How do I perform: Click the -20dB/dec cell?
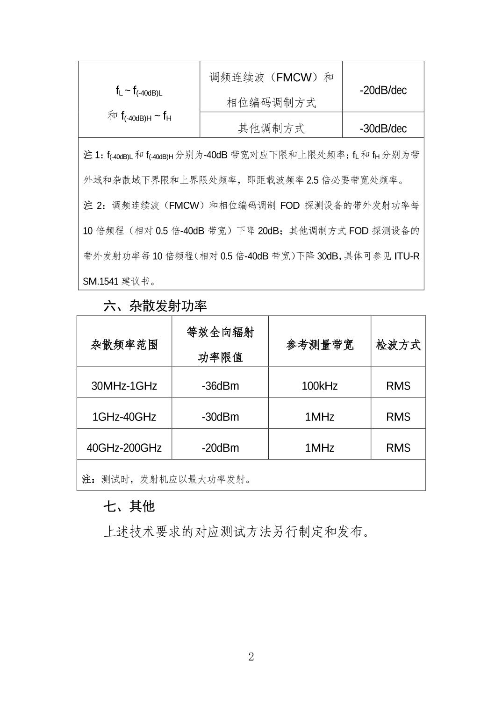point(383,90)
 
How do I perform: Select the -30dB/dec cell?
point(383,128)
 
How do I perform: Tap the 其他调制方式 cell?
point(271,128)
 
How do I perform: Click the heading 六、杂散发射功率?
point(155,306)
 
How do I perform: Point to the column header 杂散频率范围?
point(124,345)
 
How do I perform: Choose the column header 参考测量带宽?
point(320,345)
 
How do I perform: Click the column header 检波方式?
point(398,345)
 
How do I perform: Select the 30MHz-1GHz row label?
point(124,386)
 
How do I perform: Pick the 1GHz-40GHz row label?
point(124,417)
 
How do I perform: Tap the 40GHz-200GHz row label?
point(124,448)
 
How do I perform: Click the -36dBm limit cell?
point(220,386)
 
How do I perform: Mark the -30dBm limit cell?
point(220,417)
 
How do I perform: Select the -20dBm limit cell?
point(220,448)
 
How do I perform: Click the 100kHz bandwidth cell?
point(320,386)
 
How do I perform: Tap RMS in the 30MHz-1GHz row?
point(398,386)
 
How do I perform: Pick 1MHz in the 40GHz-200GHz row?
point(320,448)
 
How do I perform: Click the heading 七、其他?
point(129,506)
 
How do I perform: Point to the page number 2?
point(251,657)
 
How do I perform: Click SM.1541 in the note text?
point(100,281)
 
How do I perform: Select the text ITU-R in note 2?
point(407,256)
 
